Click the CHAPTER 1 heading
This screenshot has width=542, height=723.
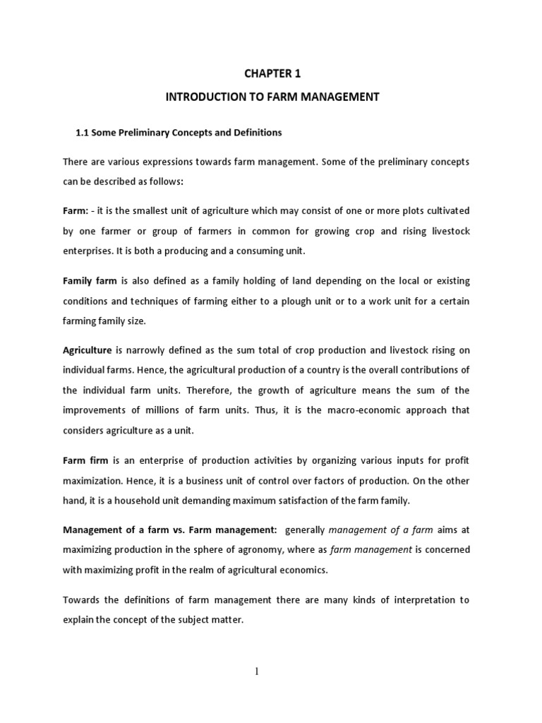pyautogui.click(x=272, y=73)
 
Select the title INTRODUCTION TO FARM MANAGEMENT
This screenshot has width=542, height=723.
pyautogui.click(x=272, y=97)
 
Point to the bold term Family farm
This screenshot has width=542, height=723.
pyautogui.click(x=90, y=281)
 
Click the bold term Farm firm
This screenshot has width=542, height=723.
pyautogui.click(x=85, y=461)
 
